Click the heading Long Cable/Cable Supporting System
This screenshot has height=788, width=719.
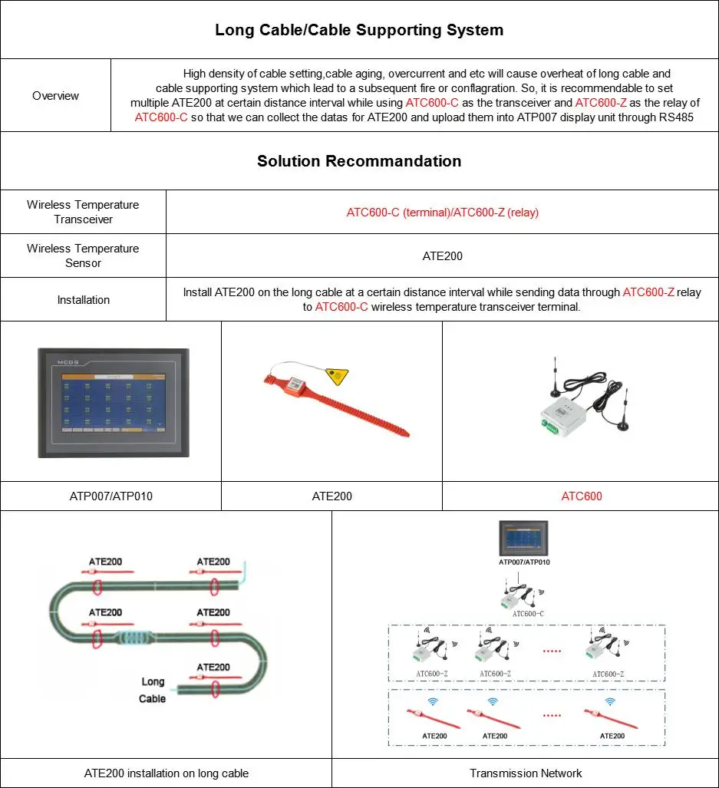[x=359, y=31]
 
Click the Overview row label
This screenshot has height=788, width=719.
[x=55, y=96]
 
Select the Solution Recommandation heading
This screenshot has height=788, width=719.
[x=359, y=161]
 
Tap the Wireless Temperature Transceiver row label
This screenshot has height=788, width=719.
[x=83, y=212]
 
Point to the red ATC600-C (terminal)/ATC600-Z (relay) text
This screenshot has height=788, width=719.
[x=442, y=213]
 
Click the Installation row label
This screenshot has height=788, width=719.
[x=83, y=300]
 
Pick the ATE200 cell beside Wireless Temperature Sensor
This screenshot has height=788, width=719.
[x=442, y=256]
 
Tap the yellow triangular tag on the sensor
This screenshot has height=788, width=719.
[x=336, y=376]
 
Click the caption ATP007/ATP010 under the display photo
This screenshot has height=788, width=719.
[x=110, y=496]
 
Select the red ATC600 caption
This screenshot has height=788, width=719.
[x=581, y=496]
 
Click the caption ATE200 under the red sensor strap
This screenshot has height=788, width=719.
[x=331, y=496]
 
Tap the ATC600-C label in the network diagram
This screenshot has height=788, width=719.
[x=528, y=614]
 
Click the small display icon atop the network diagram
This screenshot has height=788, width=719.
[x=524, y=538]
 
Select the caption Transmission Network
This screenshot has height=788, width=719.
[x=526, y=773]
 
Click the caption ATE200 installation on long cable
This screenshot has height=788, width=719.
[x=166, y=773]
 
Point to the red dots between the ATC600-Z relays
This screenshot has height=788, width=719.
[x=552, y=651]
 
